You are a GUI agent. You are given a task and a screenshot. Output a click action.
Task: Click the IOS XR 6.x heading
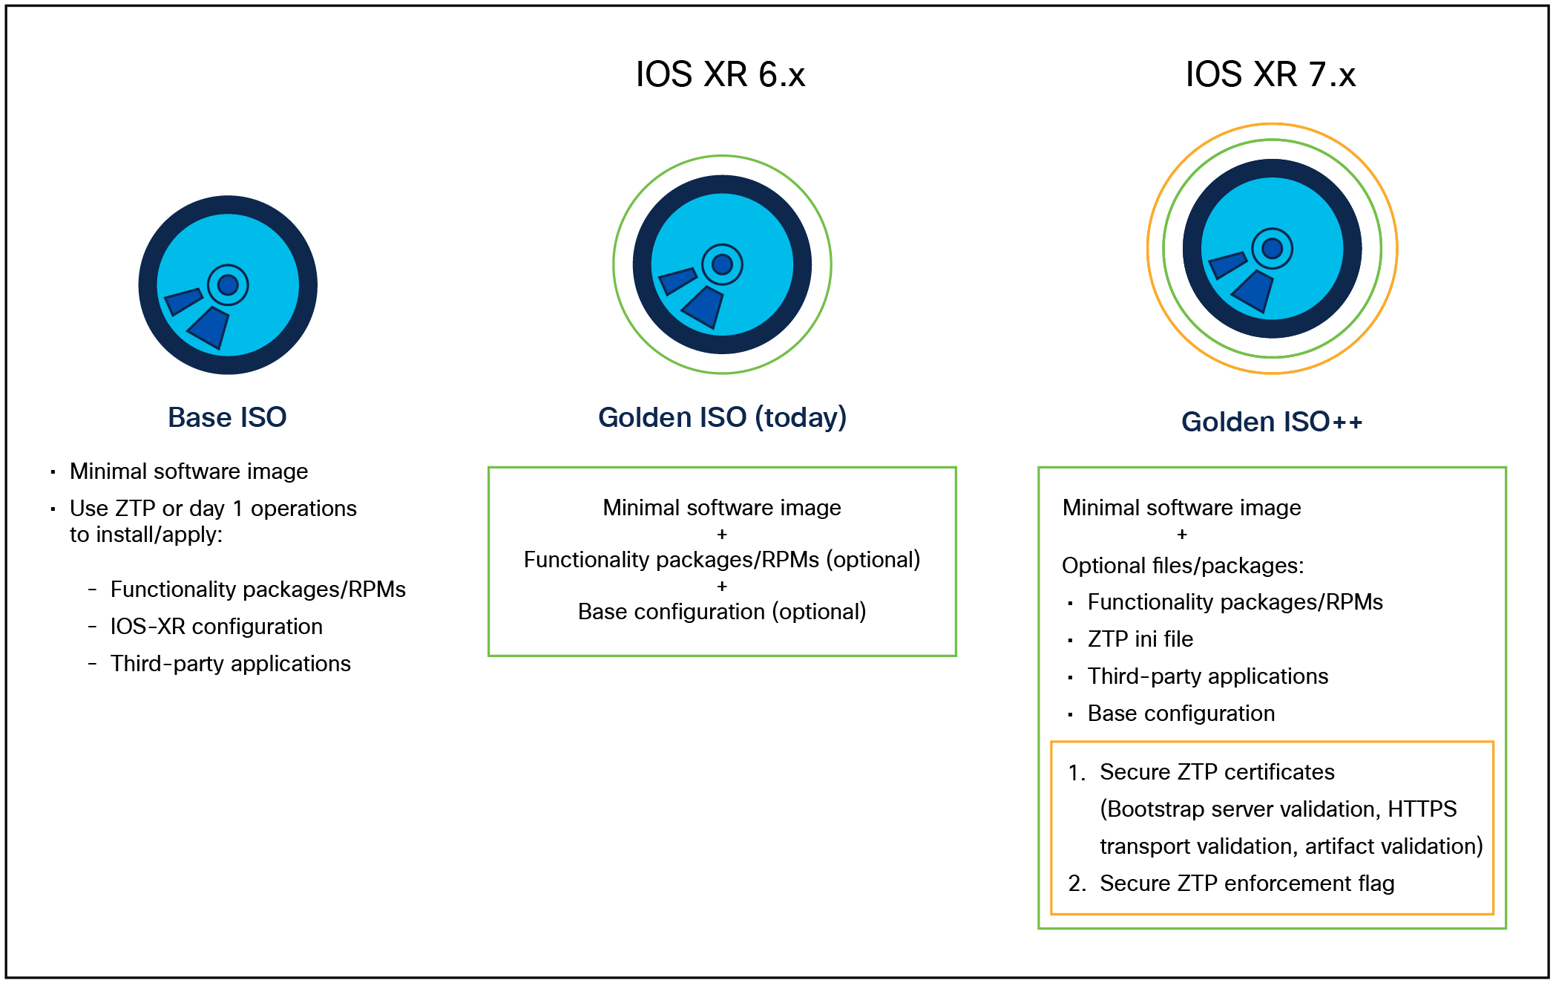tap(720, 74)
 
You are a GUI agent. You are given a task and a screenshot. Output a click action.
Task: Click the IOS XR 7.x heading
tap(1270, 74)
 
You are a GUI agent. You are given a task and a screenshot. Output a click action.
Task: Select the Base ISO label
tap(227, 417)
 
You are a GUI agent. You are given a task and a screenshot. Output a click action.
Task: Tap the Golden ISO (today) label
tap(722, 417)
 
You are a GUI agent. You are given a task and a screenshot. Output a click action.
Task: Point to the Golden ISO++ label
tap(1272, 422)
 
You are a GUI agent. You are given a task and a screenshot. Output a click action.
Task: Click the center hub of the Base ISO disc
tap(228, 285)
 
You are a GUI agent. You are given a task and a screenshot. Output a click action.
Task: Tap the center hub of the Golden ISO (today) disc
tap(722, 264)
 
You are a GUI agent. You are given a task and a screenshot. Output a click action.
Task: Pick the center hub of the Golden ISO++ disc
tap(1272, 248)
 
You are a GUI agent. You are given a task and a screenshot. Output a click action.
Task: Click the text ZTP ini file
tap(1140, 639)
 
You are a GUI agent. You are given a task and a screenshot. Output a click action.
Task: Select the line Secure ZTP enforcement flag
tap(1247, 884)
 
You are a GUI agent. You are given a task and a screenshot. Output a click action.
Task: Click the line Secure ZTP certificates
tap(1217, 772)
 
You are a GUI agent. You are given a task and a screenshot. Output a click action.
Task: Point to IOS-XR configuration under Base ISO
tap(217, 627)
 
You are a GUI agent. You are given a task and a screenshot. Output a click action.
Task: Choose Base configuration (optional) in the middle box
tap(722, 612)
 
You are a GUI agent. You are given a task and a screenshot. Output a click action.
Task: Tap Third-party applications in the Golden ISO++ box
tap(1207, 676)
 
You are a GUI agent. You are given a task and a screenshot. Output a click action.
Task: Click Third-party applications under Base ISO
tap(231, 664)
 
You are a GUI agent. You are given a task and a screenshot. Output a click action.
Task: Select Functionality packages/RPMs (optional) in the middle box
tap(722, 560)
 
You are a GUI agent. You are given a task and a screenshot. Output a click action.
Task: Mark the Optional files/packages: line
tap(1183, 566)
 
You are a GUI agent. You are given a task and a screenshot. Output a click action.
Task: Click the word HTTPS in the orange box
tap(1422, 809)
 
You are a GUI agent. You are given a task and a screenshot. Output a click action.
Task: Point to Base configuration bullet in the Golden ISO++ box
tap(1181, 714)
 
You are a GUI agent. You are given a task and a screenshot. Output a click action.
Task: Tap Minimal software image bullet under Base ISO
tap(189, 471)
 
